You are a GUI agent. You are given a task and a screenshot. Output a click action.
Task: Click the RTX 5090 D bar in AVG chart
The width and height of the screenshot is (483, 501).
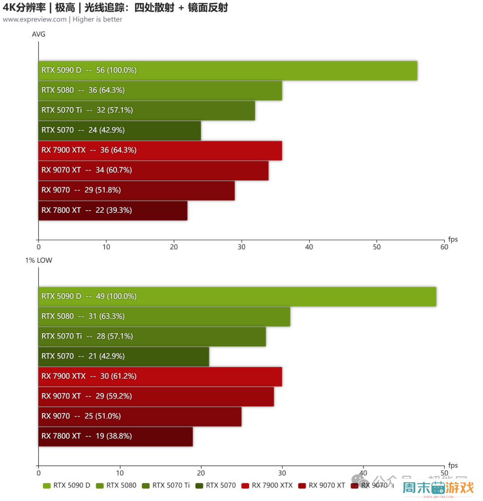(x=228, y=71)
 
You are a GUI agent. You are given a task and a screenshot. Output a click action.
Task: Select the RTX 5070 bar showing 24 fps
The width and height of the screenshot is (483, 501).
(x=119, y=131)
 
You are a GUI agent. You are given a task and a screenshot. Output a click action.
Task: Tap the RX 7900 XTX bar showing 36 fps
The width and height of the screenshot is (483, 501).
(x=160, y=150)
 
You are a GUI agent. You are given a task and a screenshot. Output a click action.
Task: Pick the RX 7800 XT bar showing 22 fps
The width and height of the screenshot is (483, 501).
(x=113, y=211)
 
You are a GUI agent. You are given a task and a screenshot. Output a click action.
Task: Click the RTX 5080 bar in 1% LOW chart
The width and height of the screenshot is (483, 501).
(x=164, y=316)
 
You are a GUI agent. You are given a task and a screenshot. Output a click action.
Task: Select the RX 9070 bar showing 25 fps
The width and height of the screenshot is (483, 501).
(x=140, y=417)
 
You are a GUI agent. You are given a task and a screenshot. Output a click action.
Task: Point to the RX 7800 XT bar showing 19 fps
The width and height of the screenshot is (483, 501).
(x=115, y=437)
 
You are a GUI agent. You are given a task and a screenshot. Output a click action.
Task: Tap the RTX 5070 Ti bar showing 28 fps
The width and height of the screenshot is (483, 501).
(x=152, y=337)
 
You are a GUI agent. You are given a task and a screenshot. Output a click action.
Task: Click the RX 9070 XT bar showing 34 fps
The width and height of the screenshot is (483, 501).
(x=153, y=170)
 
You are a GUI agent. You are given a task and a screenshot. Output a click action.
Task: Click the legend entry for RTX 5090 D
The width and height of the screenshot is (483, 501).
(x=67, y=485)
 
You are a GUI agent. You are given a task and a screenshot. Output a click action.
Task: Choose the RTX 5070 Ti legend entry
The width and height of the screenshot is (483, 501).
(x=166, y=485)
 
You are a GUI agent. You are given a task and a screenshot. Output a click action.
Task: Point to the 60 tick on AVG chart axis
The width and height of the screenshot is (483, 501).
(x=444, y=247)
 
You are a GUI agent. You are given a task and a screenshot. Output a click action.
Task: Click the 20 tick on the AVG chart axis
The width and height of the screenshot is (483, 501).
(x=174, y=247)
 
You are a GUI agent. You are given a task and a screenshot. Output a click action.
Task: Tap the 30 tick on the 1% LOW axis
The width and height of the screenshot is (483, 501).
(x=282, y=473)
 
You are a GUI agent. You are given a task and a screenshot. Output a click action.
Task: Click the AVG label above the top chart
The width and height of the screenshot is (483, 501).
(x=38, y=34)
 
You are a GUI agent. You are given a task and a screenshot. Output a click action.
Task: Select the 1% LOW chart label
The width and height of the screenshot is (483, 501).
(x=38, y=260)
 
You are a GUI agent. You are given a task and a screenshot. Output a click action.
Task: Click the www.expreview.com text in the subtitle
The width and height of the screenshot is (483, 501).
(x=35, y=19)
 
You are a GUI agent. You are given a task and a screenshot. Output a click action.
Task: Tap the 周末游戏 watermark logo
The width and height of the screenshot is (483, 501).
(x=438, y=488)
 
